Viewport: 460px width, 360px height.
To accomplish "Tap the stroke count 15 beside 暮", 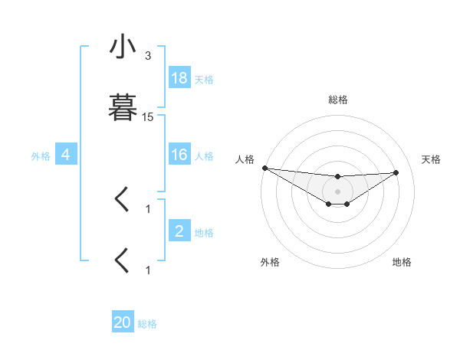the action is [x=148, y=117].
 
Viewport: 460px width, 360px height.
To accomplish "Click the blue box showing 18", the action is [x=179, y=78].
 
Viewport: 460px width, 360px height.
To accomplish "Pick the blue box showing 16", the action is [x=179, y=155].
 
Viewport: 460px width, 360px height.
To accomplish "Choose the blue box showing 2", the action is [x=179, y=231].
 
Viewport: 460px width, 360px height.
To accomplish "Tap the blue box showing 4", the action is [x=66, y=155].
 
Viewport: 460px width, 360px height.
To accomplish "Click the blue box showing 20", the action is [x=123, y=323].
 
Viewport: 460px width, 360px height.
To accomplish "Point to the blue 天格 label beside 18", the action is [x=204, y=79].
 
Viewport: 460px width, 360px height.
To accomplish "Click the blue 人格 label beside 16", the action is [x=204, y=155].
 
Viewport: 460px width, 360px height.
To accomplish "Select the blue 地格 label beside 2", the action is [x=204, y=232].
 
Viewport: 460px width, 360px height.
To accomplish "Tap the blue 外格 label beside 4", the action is [x=41, y=155].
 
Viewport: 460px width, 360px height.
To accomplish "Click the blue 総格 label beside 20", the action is [x=147, y=324].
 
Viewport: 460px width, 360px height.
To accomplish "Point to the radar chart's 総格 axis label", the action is [x=338, y=100].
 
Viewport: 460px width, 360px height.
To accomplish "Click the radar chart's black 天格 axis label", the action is [x=432, y=159].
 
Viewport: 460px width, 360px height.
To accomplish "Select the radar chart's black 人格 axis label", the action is [x=244, y=159].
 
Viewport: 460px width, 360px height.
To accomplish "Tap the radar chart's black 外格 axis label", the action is [x=270, y=262].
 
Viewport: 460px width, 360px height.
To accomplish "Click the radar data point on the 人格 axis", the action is [x=264, y=168].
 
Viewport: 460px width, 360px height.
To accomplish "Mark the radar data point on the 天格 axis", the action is [x=396, y=172].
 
